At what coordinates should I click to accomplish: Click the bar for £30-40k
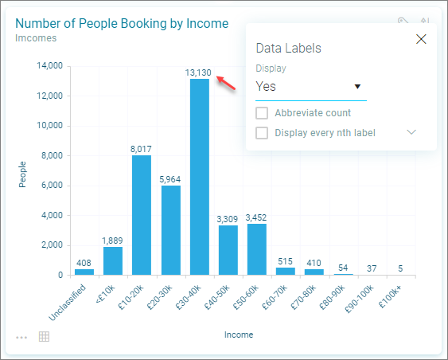(x=200, y=177)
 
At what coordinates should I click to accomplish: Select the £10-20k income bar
(x=142, y=215)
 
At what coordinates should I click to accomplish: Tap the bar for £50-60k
(x=257, y=249)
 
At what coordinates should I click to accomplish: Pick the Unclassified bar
(x=84, y=272)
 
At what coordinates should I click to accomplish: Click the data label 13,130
(x=198, y=72)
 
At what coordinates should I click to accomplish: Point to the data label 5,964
(x=169, y=179)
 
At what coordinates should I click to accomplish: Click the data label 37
(x=372, y=268)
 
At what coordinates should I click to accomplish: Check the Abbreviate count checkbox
(x=262, y=113)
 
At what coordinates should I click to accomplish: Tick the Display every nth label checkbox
(x=262, y=133)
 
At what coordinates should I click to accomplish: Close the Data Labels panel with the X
(x=421, y=39)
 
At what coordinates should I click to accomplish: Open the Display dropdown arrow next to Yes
(x=357, y=86)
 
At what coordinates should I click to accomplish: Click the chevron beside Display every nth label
(x=411, y=132)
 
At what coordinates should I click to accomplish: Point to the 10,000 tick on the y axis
(x=49, y=125)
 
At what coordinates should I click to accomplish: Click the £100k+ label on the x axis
(x=390, y=297)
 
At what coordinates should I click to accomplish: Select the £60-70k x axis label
(x=275, y=297)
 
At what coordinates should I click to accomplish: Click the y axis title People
(x=22, y=174)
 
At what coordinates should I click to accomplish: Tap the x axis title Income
(x=239, y=335)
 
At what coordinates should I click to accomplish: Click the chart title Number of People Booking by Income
(x=122, y=23)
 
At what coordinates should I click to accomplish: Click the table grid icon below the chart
(x=44, y=337)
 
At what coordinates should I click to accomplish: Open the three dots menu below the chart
(x=21, y=338)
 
